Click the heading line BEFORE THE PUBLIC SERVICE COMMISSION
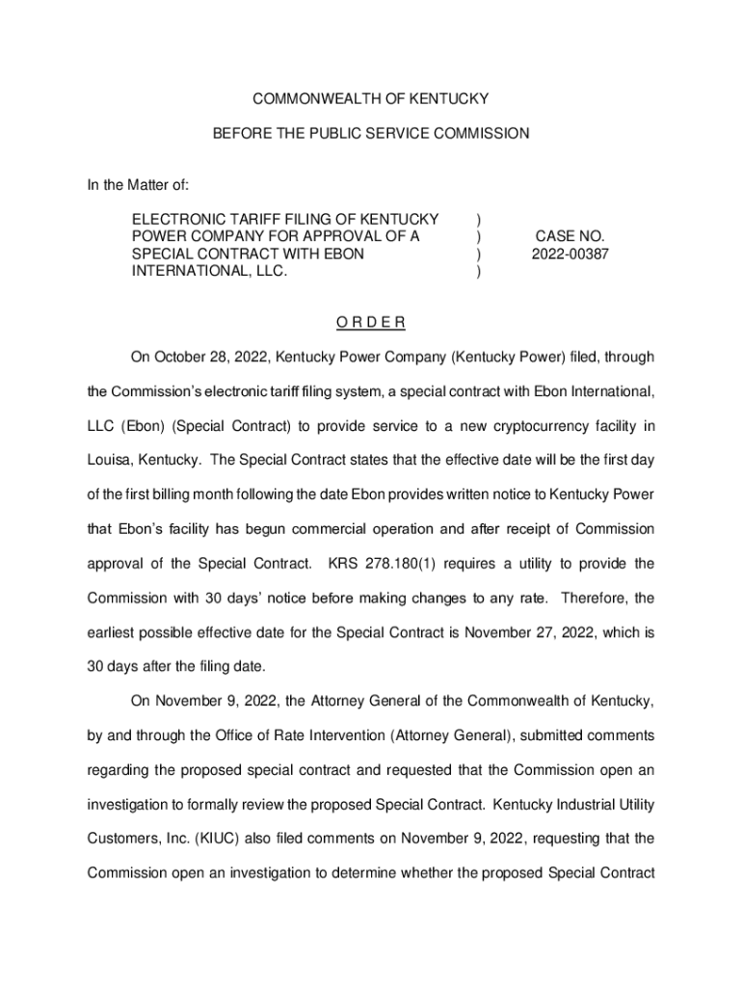pos(370,134)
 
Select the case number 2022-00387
pos(570,254)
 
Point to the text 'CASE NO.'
pos(570,236)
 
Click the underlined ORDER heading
pos(370,322)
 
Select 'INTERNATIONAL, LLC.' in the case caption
pos(210,272)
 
